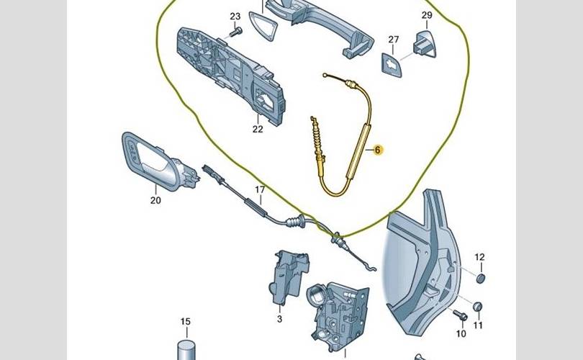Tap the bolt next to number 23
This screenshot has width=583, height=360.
pyautogui.click(x=235, y=32)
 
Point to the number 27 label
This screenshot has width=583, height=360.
pyautogui.click(x=393, y=39)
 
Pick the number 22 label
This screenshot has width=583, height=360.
pyautogui.click(x=258, y=130)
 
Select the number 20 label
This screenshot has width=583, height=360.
pyautogui.click(x=155, y=201)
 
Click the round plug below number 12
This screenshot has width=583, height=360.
pyautogui.click(x=480, y=278)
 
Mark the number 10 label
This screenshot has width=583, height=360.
pyautogui.click(x=461, y=333)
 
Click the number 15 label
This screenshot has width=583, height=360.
pyautogui.click(x=186, y=321)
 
